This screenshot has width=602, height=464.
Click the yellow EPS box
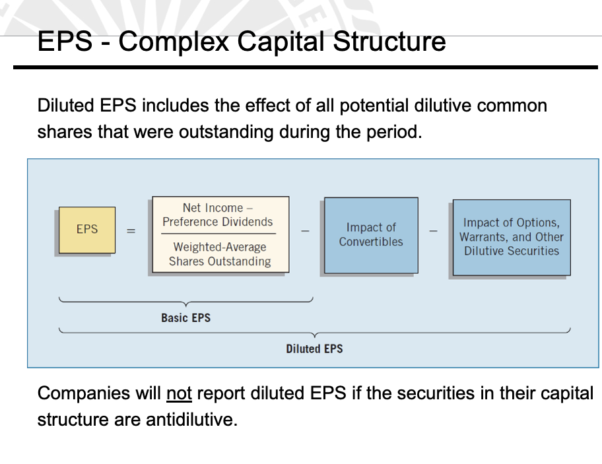[x=86, y=230]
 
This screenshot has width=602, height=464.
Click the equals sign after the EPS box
[x=131, y=231]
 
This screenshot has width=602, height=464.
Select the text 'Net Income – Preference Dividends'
[x=218, y=215]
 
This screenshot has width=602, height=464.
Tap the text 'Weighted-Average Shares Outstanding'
[x=220, y=254]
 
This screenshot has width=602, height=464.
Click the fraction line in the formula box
[x=220, y=233]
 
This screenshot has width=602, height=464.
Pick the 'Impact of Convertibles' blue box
[x=370, y=235]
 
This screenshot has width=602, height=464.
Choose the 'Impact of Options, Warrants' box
[x=511, y=237]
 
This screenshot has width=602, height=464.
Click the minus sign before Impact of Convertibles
[x=305, y=231]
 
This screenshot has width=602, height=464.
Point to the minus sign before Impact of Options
[x=433, y=231]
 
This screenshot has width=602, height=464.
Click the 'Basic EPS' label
[x=185, y=317]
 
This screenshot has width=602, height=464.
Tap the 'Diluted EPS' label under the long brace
[x=314, y=348]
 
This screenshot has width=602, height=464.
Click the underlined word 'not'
[x=179, y=394]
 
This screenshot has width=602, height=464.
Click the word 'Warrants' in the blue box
[x=484, y=237]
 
